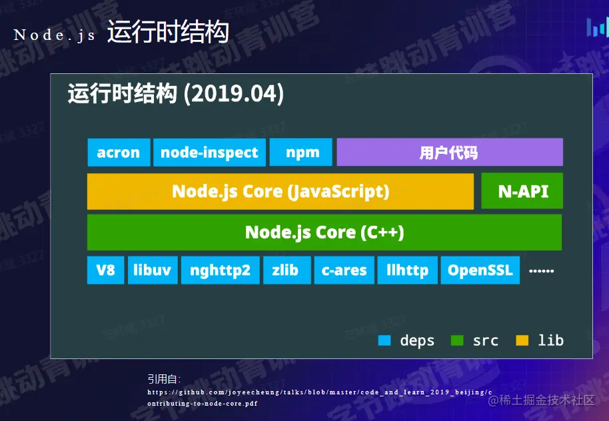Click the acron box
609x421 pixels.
pos(119,153)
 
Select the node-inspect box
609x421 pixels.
pos(209,153)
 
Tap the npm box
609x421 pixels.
pos(301,153)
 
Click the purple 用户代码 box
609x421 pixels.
pos(450,153)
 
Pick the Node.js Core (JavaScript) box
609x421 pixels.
pos(281,191)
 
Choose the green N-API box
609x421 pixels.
pos(522,191)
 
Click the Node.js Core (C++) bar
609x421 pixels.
pos(324,232)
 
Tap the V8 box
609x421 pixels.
pos(106,270)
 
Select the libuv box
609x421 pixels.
pos(153,270)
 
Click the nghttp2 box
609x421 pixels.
pos(221,270)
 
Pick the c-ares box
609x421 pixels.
pos(344,270)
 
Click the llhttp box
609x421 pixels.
pos(407,270)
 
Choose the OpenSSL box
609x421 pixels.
pos(480,270)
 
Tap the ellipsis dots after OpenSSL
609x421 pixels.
pos(542,270)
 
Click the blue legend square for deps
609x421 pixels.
pos(384,340)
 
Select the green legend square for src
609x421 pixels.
pos(457,340)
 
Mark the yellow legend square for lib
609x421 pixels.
pos(522,340)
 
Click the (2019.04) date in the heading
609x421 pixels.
pos(234,94)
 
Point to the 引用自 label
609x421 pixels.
pos(164,378)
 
